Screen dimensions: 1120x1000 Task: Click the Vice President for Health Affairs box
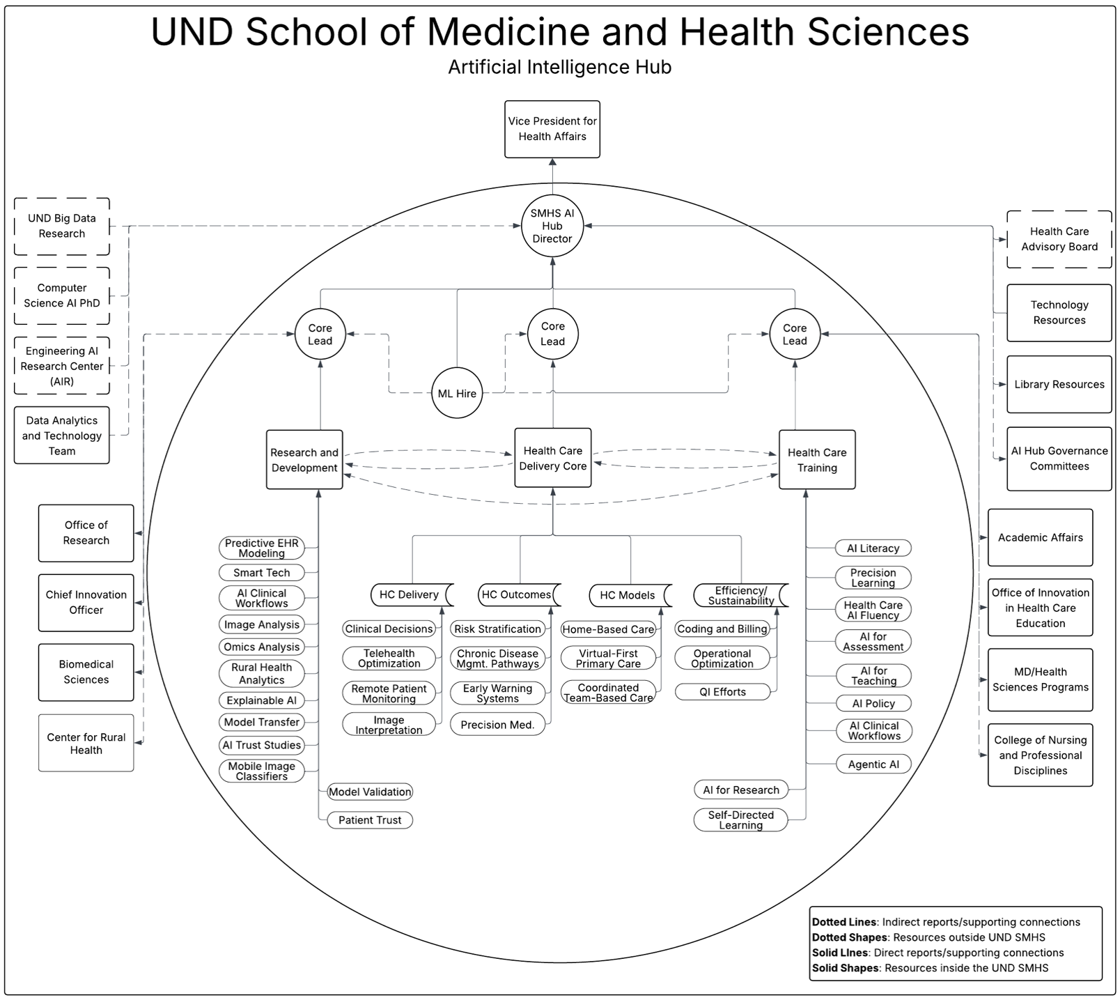coord(552,129)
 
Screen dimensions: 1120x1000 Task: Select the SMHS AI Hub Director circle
coord(552,226)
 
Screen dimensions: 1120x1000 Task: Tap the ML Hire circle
coord(457,393)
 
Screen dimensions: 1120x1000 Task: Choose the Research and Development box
coord(304,460)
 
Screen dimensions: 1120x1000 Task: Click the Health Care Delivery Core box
coord(553,458)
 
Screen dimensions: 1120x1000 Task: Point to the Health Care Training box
coord(817,460)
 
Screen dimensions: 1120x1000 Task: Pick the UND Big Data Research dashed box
coord(62,226)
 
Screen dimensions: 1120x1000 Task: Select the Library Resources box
coord(1059,385)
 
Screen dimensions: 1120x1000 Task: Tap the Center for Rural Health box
coord(86,743)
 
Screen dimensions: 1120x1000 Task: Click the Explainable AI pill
coord(262,700)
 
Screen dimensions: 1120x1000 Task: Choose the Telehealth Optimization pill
coord(389,659)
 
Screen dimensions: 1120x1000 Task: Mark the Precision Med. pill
coord(497,725)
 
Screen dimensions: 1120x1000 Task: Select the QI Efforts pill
coord(723,692)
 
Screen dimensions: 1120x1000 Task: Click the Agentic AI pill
coord(873,764)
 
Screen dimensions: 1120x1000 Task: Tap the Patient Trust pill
coord(370,820)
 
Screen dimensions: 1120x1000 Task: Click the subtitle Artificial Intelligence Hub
coord(559,67)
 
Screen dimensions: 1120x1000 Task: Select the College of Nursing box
coord(1041,755)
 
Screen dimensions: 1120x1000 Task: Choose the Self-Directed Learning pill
coord(741,820)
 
